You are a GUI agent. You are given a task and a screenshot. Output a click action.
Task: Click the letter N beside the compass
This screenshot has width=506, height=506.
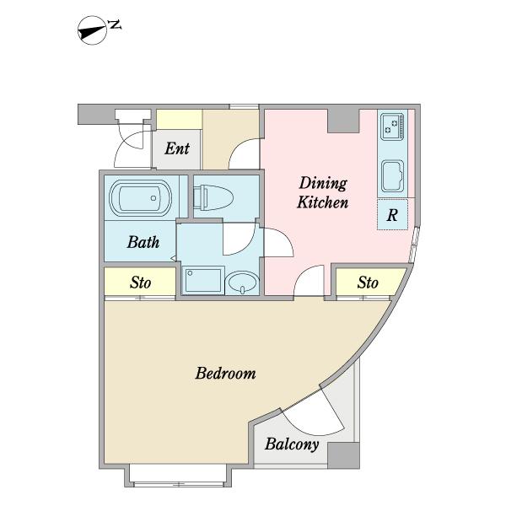point(114,24)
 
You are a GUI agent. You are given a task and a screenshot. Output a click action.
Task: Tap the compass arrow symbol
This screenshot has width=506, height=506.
point(92,30)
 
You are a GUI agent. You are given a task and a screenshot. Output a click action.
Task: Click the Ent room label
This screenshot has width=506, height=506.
point(177,148)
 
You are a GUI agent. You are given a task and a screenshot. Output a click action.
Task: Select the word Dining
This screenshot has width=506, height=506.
point(323,184)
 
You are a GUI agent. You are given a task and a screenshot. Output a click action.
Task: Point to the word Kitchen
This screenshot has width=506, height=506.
point(322,202)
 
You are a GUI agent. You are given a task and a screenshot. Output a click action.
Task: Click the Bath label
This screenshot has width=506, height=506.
point(143,242)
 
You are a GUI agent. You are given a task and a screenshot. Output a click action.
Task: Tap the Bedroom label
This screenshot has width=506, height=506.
point(225,373)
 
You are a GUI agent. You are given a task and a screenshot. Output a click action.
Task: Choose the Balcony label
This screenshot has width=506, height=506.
point(292,444)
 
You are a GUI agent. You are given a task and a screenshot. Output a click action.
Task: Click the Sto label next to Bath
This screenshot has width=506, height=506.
point(140,283)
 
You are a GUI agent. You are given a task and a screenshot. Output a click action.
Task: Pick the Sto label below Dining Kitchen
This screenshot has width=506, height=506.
point(368,283)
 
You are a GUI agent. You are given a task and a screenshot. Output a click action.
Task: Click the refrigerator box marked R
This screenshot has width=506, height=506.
point(392,214)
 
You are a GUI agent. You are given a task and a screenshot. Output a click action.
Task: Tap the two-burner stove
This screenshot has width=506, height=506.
point(392,126)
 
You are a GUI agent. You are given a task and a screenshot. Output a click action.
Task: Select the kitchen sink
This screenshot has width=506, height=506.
point(392,176)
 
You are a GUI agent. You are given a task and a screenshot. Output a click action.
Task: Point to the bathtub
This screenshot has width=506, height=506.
point(140,197)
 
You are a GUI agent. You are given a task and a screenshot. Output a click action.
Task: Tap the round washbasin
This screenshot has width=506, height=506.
point(243,283)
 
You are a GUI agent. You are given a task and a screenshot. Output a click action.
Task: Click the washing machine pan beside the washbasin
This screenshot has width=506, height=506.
point(203,281)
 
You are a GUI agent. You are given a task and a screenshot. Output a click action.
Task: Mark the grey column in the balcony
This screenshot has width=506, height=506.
point(343,455)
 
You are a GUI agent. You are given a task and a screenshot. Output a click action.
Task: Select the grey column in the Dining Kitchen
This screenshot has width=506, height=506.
point(343,121)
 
